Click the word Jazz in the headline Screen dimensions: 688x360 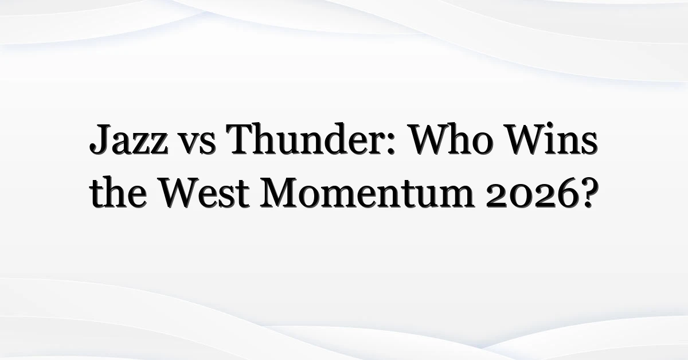(128, 139)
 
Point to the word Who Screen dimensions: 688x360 (451, 139)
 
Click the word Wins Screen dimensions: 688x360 (552, 139)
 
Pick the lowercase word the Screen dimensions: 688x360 (118, 192)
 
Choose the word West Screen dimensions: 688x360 (205, 193)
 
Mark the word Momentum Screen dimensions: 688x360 (367, 193)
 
